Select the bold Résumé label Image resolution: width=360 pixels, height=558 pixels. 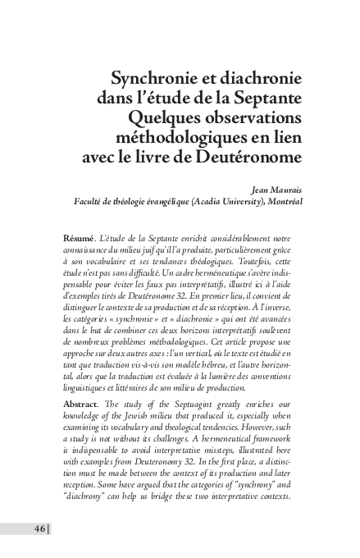(x=79, y=238)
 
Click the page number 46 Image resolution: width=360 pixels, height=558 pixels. (x=39, y=528)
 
